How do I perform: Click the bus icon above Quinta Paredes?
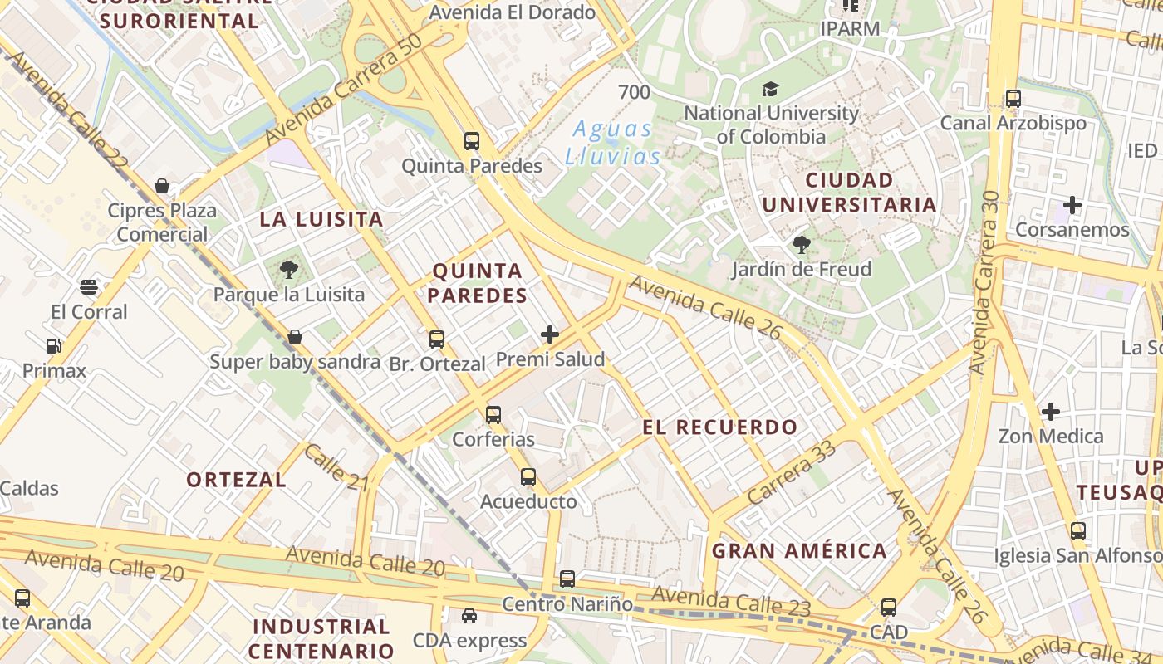click(472, 141)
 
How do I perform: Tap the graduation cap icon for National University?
click(771, 89)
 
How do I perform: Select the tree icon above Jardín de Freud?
click(802, 245)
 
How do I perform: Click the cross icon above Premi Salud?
click(550, 334)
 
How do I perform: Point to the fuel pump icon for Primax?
click(54, 346)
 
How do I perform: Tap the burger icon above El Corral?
click(90, 287)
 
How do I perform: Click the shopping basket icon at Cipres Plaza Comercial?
click(162, 186)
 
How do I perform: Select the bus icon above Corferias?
click(493, 414)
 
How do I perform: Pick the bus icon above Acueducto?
click(528, 477)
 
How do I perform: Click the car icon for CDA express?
click(469, 616)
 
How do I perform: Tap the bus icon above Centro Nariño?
click(567, 579)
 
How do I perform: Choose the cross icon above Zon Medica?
click(1051, 411)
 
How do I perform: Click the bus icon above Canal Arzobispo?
click(1013, 99)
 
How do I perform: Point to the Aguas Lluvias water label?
click(613, 142)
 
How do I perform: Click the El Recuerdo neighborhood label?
click(719, 427)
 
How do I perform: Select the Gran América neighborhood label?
click(799, 550)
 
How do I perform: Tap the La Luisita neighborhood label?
click(321, 220)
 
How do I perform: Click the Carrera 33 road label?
click(791, 472)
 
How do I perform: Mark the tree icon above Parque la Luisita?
click(289, 269)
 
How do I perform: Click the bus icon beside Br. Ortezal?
click(437, 339)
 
